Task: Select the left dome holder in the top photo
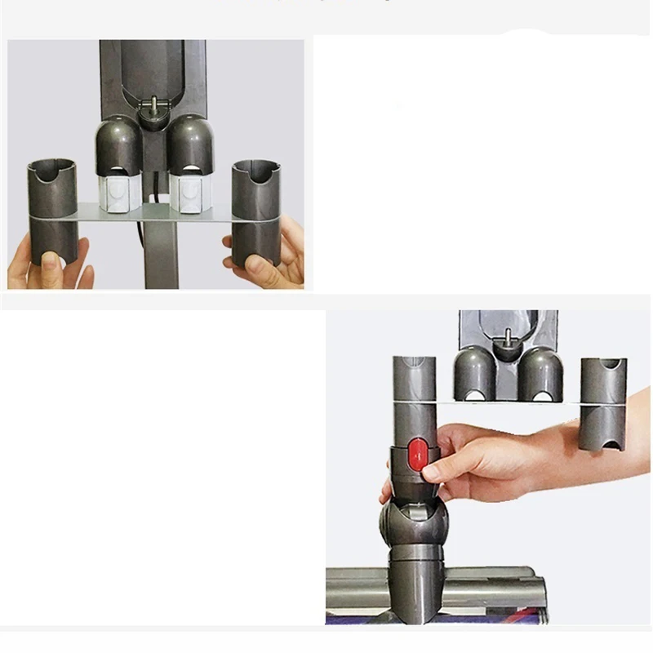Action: tap(119, 145)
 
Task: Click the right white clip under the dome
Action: tap(190, 193)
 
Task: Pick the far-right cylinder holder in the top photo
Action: tap(255, 208)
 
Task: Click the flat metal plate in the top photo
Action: tap(155, 214)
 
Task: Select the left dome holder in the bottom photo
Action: tap(475, 371)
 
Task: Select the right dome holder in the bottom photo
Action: tap(541, 371)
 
